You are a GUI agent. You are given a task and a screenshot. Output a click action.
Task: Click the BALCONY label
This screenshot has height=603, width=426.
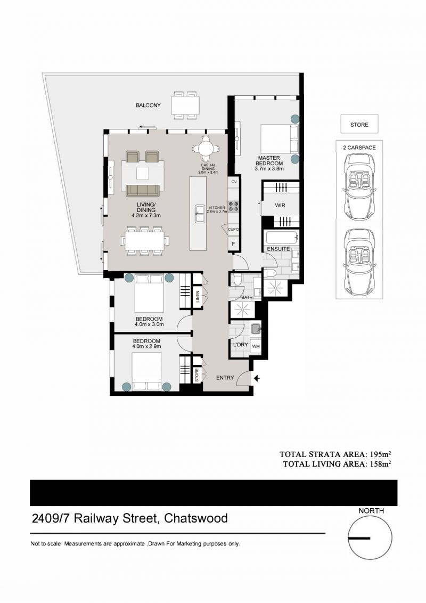click(x=148, y=105)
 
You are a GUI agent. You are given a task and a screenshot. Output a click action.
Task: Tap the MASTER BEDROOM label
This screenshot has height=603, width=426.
click(x=269, y=160)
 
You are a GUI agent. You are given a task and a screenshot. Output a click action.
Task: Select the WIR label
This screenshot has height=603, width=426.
click(x=280, y=206)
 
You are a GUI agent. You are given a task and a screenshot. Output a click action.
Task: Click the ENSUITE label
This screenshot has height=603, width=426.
click(x=278, y=249)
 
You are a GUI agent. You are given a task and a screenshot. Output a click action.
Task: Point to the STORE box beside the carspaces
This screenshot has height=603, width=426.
click(x=359, y=124)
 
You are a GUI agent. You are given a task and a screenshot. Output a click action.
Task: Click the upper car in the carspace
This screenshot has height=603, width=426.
click(x=359, y=188)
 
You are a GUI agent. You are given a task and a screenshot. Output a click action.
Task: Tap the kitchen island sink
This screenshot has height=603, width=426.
click(x=200, y=214)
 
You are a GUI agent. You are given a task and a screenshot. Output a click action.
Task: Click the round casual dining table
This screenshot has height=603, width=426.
click(x=206, y=148)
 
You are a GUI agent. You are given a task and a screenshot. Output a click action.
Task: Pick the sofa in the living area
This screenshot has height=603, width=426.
click(x=143, y=190)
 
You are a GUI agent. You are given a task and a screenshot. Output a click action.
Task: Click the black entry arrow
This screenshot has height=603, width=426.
click(x=257, y=378)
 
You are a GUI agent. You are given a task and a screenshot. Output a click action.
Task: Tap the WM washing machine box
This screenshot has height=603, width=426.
click(x=256, y=346)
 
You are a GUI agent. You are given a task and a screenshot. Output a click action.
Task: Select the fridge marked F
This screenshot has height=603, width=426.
click(x=233, y=243)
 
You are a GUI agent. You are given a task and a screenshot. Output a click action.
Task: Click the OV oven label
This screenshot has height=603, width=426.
click(x=234, y=181)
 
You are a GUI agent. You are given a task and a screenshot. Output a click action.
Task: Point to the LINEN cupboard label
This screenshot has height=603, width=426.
click(x=198, y=297)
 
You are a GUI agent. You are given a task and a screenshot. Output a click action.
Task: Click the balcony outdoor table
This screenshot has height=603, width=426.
click(x=185, y=104)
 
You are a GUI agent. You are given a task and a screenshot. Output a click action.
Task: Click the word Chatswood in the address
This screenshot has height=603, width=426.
click(x=196, y=518)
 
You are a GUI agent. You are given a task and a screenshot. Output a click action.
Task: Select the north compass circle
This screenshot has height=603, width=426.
click(x=370, y=537)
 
